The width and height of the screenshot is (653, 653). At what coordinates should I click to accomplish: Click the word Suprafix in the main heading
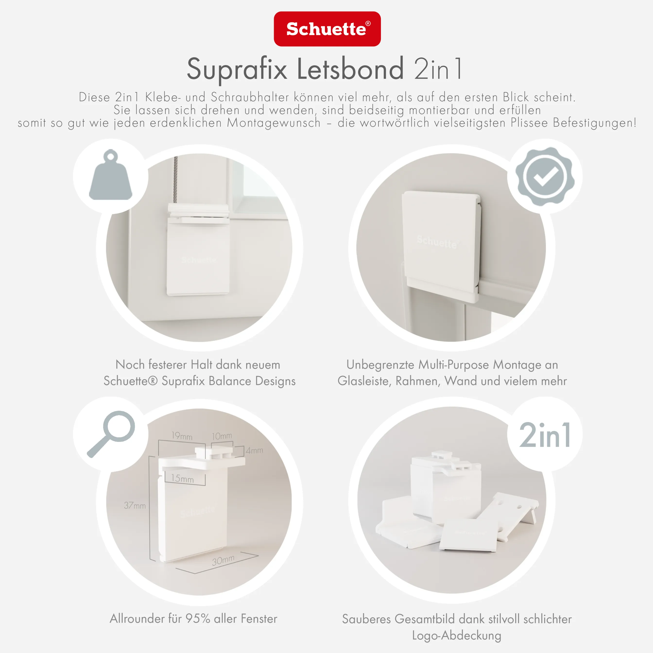(237, 69)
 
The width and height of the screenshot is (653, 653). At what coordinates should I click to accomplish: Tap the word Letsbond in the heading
(350, 69)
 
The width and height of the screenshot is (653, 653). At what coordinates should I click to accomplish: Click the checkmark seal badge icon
(544, 176)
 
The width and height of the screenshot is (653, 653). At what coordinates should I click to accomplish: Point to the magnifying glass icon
(112, 433)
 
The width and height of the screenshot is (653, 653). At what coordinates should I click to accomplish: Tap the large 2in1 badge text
(544, 435)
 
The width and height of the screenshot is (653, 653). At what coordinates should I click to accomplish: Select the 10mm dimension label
(222, 436)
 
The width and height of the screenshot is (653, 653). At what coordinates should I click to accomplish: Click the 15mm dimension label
(182, 478)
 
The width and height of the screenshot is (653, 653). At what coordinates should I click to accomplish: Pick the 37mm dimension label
(135, 505)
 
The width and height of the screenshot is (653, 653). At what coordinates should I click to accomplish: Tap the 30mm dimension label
(223, 561)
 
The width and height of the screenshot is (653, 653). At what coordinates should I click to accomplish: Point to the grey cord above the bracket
(176, 179)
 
